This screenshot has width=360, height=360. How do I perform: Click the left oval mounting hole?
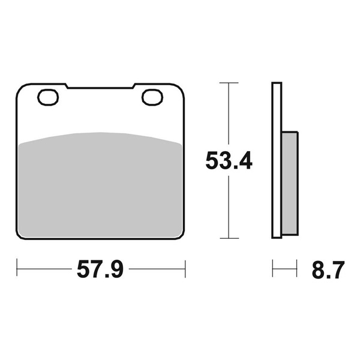coord(47,97)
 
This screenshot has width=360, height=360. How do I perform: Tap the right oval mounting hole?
coord(152,97)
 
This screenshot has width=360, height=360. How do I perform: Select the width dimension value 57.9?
coord(100,270)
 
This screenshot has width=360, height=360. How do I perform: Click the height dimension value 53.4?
coord(228,161)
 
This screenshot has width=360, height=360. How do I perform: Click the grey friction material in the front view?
coord(101,186)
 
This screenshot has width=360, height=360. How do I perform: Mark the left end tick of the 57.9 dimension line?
coord(17,269)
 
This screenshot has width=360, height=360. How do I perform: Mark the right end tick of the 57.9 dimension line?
coord(185,269)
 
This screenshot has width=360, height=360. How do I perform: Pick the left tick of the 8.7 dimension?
coord(273,269)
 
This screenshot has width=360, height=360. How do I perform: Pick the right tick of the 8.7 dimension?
coord(297,269)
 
